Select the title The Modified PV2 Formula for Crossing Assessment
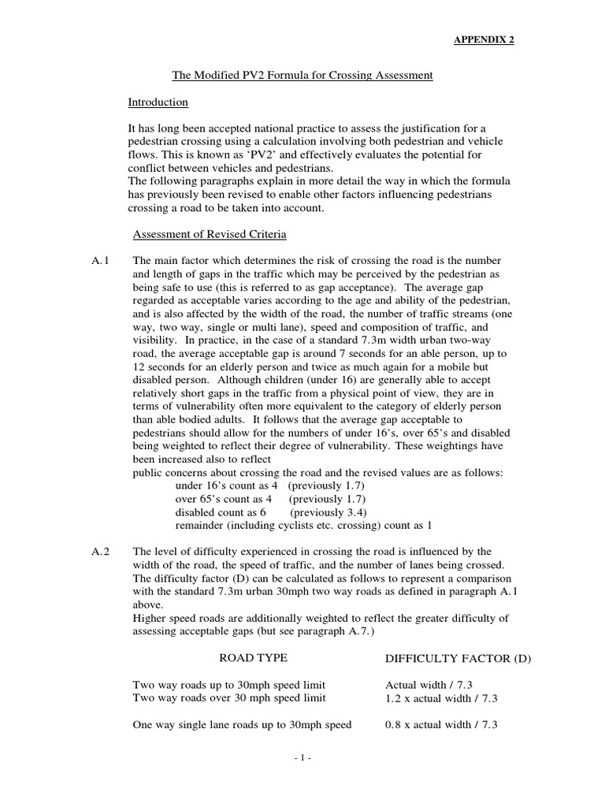302,76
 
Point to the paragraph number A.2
103,552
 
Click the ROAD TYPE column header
252,657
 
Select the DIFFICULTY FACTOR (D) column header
458,658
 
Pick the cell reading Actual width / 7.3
430,685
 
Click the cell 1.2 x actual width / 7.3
441,698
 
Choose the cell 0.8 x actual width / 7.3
441,725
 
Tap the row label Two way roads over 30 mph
228,698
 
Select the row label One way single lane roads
241,725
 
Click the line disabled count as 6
219,511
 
